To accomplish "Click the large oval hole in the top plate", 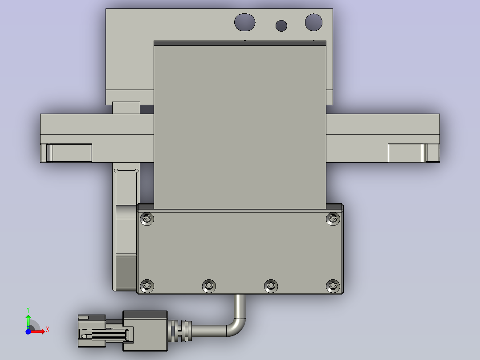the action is [x=244, y=22].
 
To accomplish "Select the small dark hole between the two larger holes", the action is [x=281, y=26].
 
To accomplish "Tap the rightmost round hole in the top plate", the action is [x=314, y=22].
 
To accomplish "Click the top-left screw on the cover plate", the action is [x=147, y=219].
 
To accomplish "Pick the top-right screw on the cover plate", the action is [x=333, y=218].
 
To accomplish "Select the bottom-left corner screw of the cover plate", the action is [x=147, y=286].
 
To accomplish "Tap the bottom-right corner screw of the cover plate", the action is [x=333, y=286].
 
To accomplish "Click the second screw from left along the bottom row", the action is [x=209, y=286].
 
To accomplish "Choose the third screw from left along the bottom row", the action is [x=271, y=286].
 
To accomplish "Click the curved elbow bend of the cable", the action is [x=238, y=325].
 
